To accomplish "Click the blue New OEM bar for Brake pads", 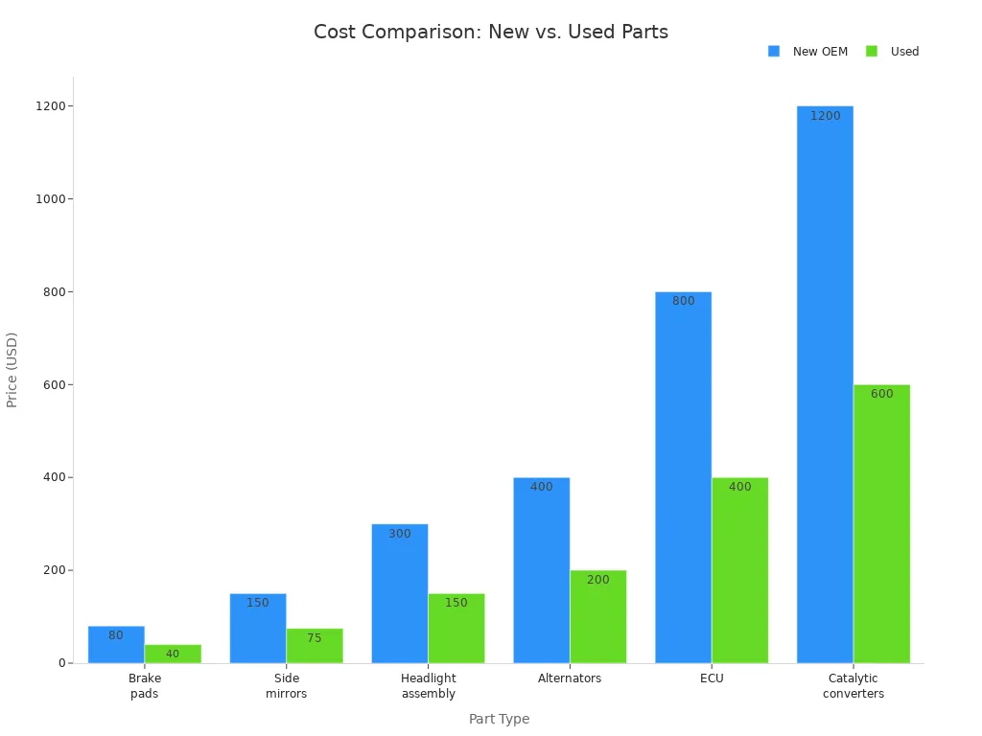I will pos(116,644).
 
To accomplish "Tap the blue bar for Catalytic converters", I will pos(825,383).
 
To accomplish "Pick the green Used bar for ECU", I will pos(739,570).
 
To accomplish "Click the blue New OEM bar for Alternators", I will pos(541,570).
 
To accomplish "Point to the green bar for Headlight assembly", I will pos(456,628).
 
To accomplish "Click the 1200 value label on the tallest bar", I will pos(825,116).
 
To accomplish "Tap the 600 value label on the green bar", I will pos(881,394).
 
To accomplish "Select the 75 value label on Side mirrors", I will pos(315,638).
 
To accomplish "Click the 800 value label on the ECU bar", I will pos(683,301).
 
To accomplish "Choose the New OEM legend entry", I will pos(819,52).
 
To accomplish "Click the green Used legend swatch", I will pos(872,52).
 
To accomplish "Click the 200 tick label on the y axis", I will pos(53,570).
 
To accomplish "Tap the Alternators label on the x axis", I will pos(570,678).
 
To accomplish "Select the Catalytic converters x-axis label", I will pos(853,686).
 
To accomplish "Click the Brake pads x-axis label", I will pos(145,686).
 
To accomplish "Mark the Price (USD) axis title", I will pos(12,370).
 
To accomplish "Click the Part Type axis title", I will pos(499,719).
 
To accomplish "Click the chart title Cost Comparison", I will pos(491,33).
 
